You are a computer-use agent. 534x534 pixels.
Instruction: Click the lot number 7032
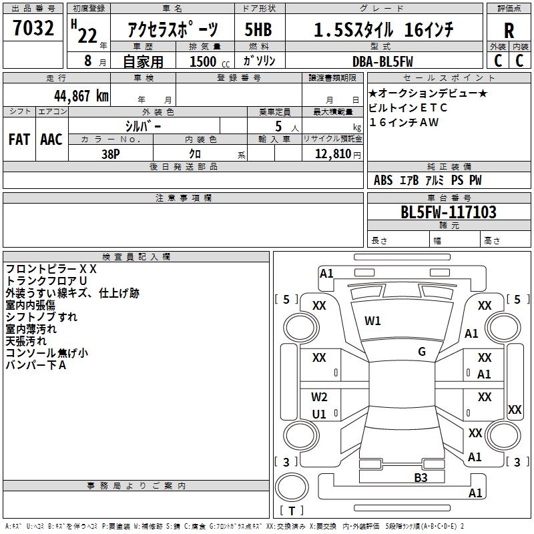tap(33, 29)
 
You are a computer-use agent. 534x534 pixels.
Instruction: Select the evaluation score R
tap(509, 31)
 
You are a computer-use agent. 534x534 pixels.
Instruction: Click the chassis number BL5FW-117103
tap(448, 212)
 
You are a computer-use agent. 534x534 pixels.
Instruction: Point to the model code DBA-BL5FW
tap(382, 61)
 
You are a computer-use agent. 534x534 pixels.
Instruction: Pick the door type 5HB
tap(258, 30)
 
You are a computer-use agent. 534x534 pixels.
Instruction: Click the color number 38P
tap(111, 152)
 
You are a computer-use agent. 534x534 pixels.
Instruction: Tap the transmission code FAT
tap(19, 140)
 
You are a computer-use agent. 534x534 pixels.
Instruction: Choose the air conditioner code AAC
tap(51, 140)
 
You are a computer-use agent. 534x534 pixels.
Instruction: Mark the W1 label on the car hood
tap(372, 321)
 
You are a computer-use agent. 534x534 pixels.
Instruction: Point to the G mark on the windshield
tap(422, 351)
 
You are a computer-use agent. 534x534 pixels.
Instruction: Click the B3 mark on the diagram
tap(421, 477)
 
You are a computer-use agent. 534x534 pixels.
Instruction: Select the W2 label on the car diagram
tap(319, 397)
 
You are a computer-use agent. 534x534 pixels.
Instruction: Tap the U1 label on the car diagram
tap(319, 414)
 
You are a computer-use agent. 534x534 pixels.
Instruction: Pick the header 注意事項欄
tap(184, 198)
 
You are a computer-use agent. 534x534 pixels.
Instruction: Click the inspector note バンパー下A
tap(36, 365)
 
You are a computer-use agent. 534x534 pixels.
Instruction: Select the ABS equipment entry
tap(383, 180)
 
